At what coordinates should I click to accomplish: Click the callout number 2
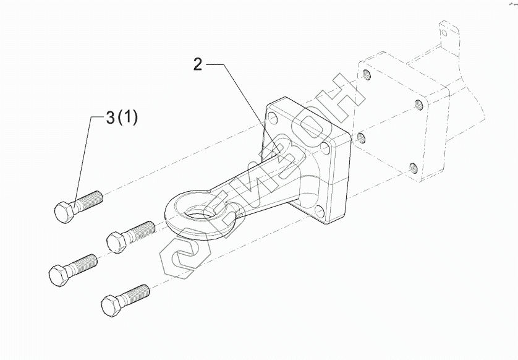click(198, 64)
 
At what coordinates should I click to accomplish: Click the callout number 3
click(111, 118)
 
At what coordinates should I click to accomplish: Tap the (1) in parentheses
click(127, 118)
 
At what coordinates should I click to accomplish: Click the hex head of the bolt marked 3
click(64, 212)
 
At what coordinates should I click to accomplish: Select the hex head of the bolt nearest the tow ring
click(117, 242)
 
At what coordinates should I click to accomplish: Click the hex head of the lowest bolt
click(111, 306)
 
